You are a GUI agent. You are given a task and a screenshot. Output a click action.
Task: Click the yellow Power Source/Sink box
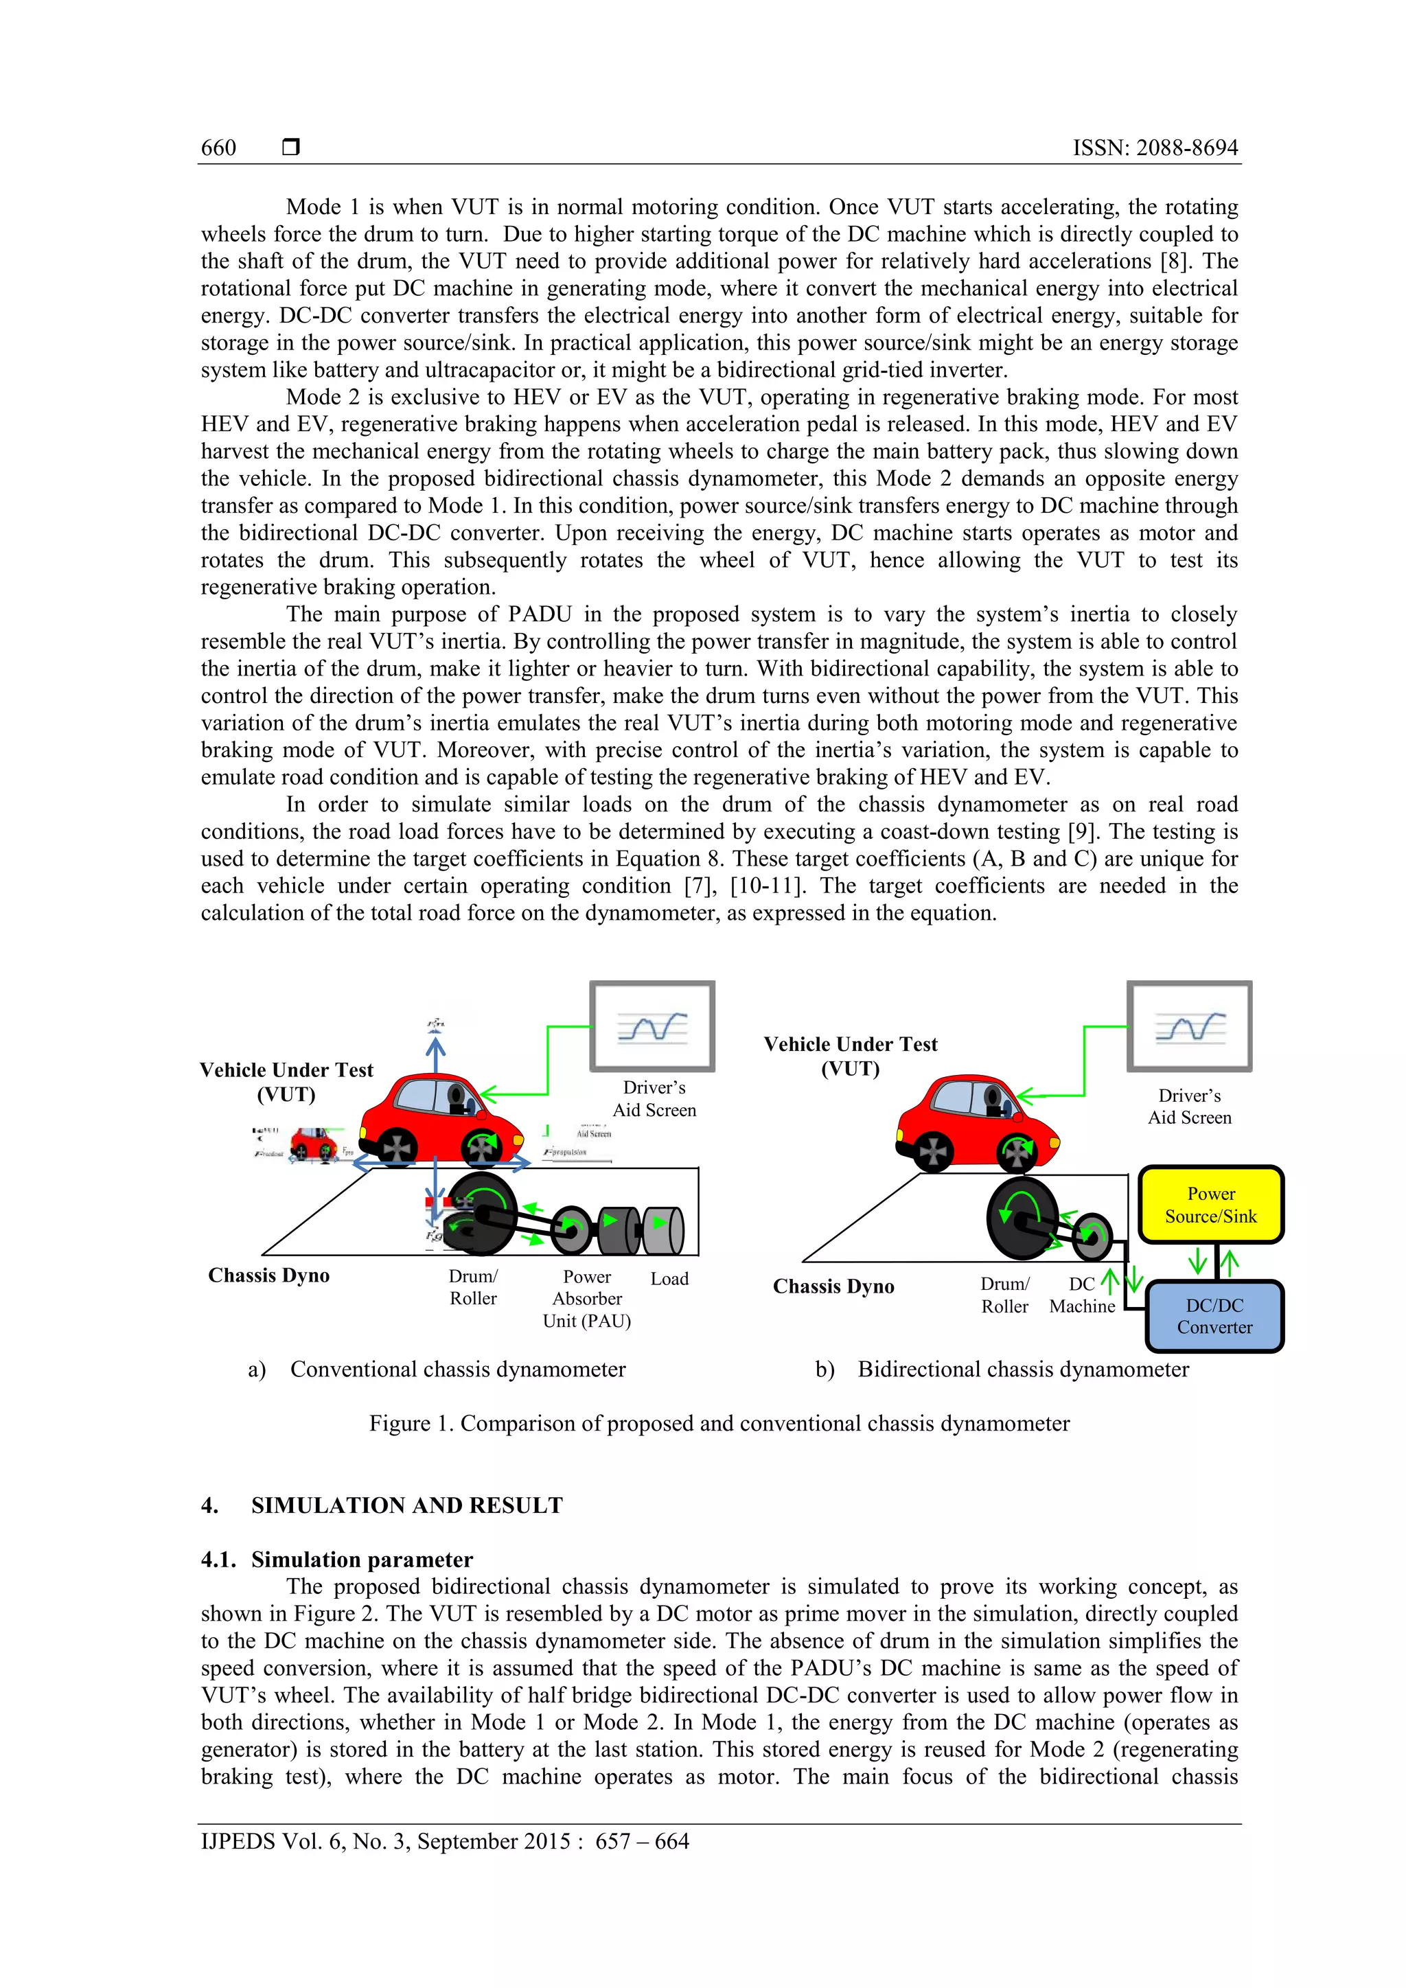(x=1210, y=1205)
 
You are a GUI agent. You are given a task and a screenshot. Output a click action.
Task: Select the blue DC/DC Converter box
(x=1214, y=1316)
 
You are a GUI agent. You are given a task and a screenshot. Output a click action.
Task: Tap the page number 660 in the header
(x=218, y=148)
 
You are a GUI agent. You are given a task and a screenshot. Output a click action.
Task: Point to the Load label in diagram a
(x=669, y=1279)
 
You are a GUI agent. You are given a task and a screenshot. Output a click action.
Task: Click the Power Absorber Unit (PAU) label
(x=587, y=1298)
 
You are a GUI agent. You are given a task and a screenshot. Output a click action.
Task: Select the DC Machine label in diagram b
(x=1082, y=1295)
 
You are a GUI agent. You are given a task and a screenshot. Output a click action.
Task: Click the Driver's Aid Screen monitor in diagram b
(x=1188, y=1026)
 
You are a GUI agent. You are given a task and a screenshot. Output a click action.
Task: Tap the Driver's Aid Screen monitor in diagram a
(x=652, y=1026)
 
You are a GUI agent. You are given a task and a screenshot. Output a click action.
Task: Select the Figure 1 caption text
(x=719, y=1424)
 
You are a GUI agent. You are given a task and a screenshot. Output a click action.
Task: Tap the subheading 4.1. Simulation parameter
(x=337, y=1560)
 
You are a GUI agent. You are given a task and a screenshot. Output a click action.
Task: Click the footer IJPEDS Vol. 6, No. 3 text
(x=444, y=1841)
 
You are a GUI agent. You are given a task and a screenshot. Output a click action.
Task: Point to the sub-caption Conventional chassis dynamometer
(x=457, y=1369)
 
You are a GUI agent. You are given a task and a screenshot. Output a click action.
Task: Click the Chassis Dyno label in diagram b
(x=833, y=1286)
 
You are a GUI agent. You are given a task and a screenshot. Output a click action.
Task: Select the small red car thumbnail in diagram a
(x=314, y=1144)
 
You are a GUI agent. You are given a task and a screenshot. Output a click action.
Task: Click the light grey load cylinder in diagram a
(x=664, y=1229)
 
